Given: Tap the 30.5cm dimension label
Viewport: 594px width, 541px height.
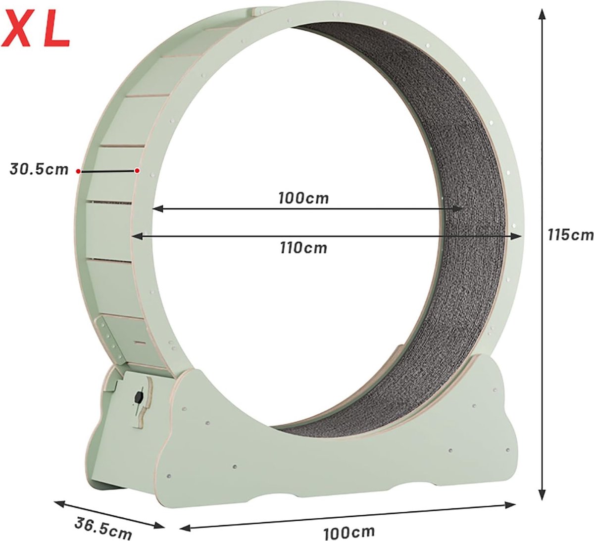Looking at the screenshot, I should point(39,169).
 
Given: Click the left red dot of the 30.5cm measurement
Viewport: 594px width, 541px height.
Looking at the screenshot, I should point(78,171).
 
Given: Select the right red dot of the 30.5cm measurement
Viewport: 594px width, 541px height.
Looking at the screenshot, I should point(137,171).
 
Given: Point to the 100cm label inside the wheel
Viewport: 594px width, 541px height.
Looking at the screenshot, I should point(303,198).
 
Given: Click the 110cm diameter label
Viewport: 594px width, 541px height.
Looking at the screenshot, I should point(303,247).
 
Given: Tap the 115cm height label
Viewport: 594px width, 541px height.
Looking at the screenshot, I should point(569,234).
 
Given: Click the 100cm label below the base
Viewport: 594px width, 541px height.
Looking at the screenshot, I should point(349,533).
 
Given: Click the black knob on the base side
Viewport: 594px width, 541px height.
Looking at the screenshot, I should point(138,397).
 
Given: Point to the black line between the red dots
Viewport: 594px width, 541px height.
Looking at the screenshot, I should point(107,171).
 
